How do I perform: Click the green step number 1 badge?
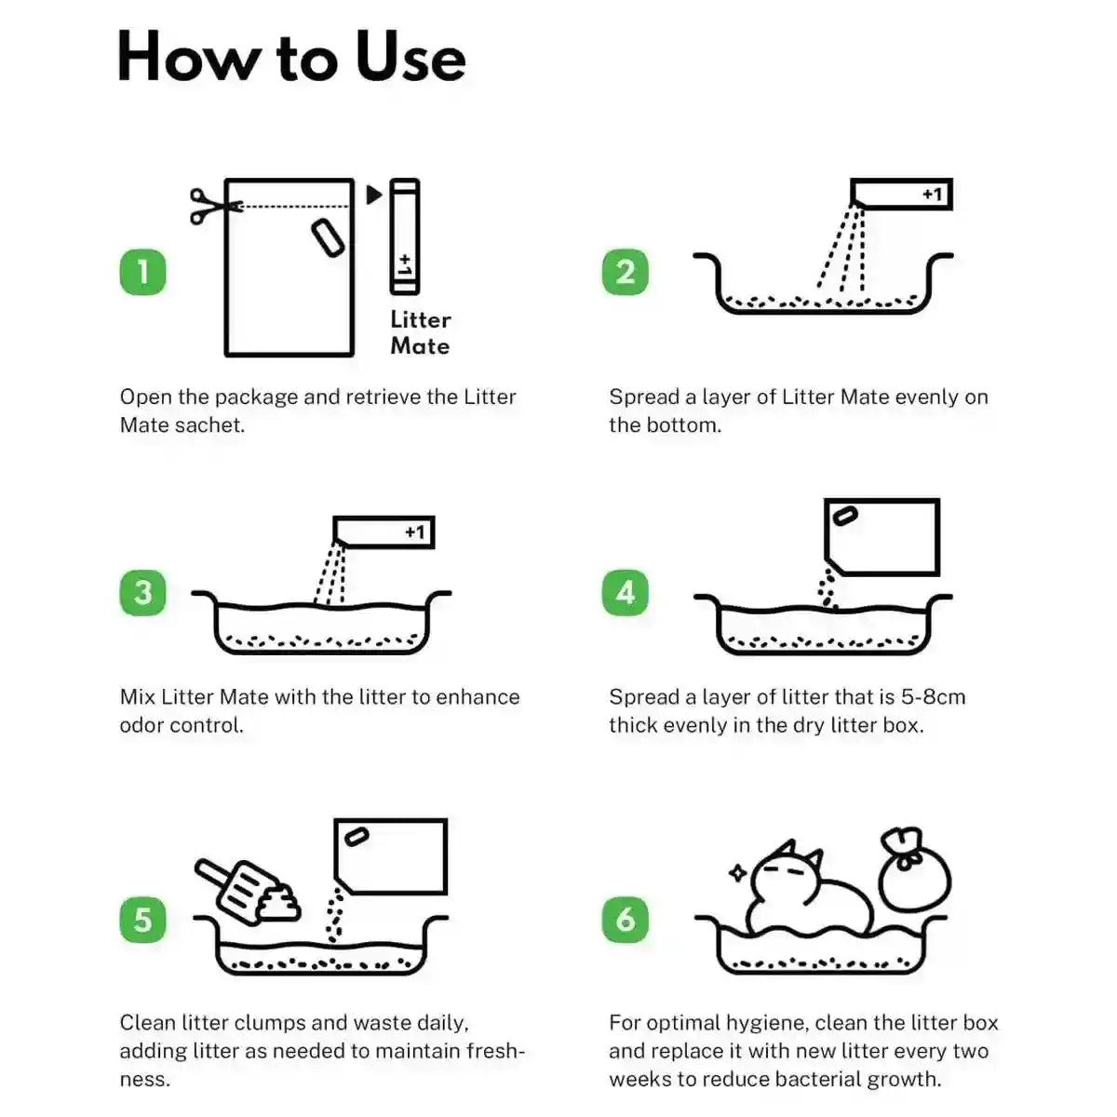tap(142, 272)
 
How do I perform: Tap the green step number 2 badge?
tap(625, 272)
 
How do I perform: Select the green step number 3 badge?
tap(142, 592)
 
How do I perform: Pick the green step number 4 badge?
tap(625, 592)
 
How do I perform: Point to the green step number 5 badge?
tap(142, 920)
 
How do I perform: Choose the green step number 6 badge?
tap(625, 920)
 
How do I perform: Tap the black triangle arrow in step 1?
tap(374, 195)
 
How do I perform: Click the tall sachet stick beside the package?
tap(405, 236)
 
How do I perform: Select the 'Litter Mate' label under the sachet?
tap(420, 332)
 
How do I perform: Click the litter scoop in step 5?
tap(237, 885)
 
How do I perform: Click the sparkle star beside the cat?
tap(738, 872)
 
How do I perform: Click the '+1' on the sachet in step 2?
tap(932, 195)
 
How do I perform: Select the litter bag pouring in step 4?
tap(881, 537)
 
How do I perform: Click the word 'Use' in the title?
tap(410, 58)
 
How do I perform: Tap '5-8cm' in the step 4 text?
tap(934, 697)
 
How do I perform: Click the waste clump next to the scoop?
tap(278, 903)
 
